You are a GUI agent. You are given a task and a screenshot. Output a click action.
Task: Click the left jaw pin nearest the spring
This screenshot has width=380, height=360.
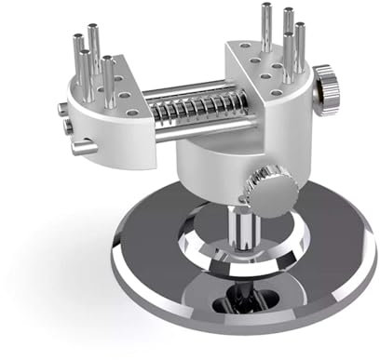110,80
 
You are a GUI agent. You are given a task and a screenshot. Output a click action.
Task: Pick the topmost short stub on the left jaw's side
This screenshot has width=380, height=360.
62,109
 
